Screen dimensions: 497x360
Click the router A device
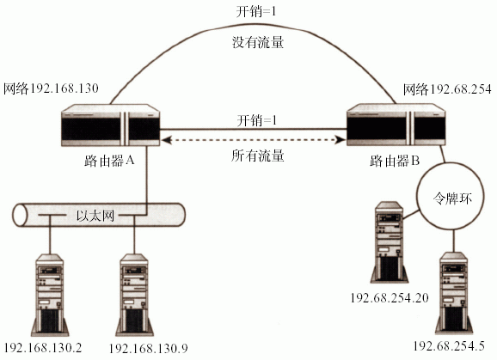point(110,125)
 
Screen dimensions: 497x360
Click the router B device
point(396,125)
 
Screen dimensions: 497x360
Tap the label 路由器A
point(110,161)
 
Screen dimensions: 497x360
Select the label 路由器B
point(395,162)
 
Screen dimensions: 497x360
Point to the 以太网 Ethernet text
point(95,216)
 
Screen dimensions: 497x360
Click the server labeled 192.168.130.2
point(50,295)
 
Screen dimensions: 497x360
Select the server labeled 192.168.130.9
point(134,295)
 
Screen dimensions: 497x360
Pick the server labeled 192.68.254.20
point(390,242)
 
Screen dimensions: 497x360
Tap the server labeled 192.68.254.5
point(453,293)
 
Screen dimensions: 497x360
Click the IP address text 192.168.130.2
point(44,348)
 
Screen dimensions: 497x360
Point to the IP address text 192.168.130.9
point(149,348)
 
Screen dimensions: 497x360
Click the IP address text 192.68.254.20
point(390,297)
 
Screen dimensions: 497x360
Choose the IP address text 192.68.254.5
point(449,345)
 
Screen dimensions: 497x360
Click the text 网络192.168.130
point(51,88)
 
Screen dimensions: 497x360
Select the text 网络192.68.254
point(447,89)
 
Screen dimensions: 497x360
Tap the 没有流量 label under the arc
point(258,42)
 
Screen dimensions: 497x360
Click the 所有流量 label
point(258,156)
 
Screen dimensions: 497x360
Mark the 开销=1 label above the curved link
point(256,12)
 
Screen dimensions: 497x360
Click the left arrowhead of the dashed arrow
point(166,140)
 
